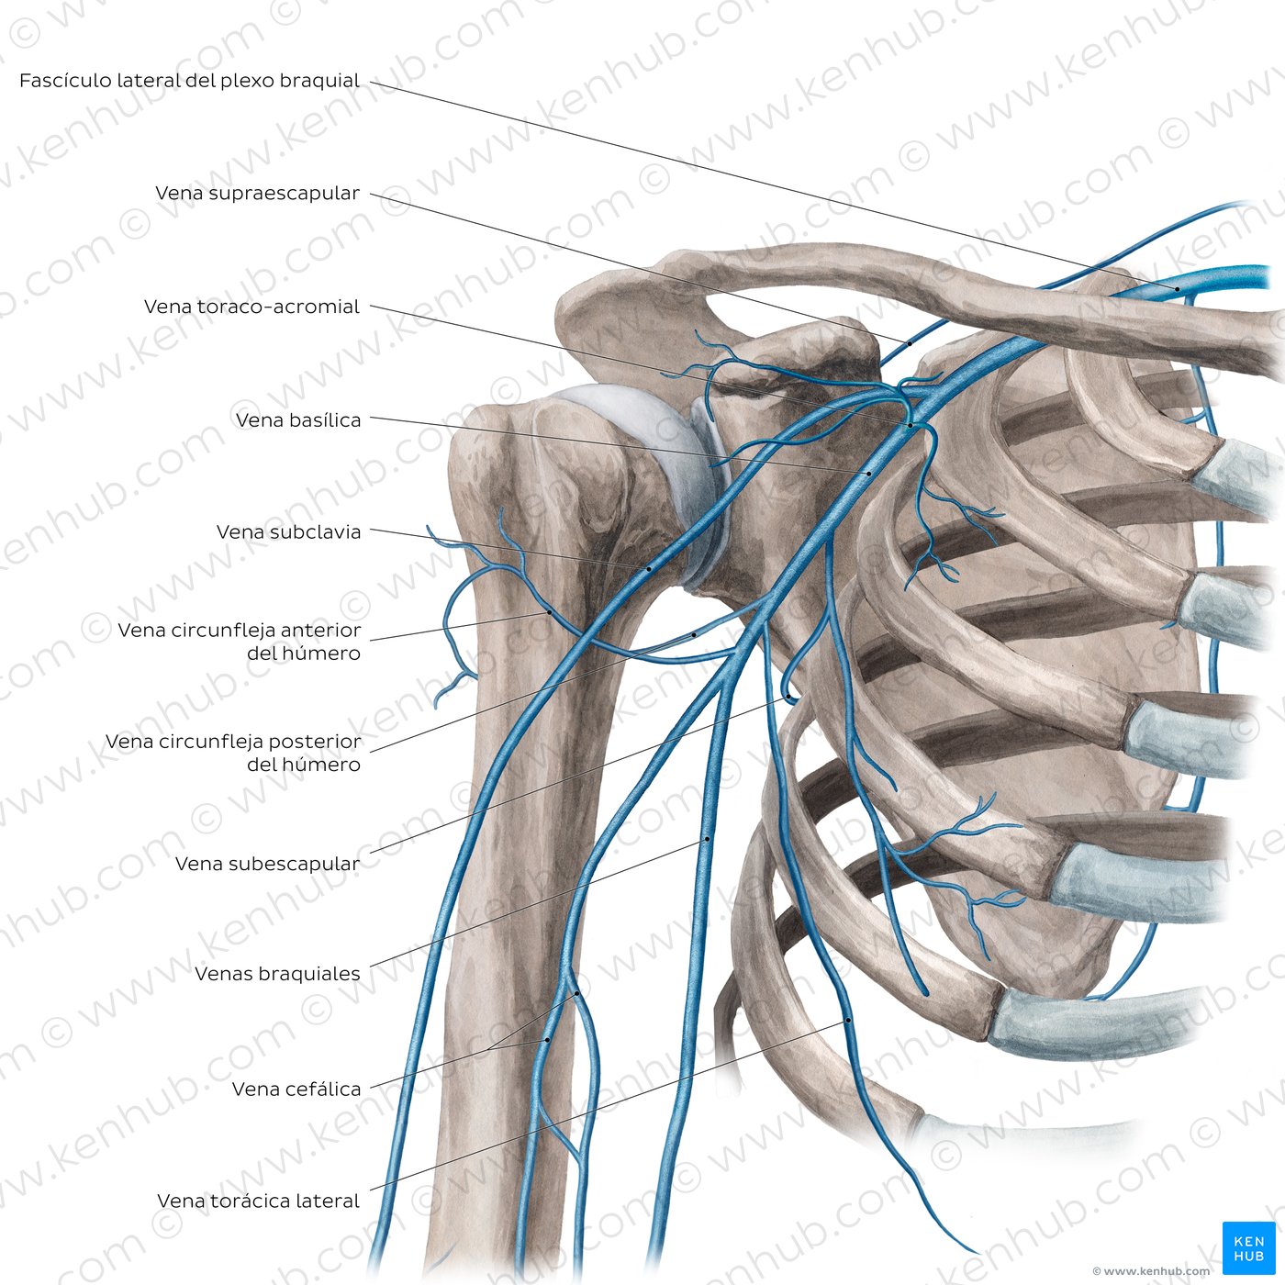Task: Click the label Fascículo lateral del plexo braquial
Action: coord(189,81)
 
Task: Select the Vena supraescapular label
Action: coord(257,194)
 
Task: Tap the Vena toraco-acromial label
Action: coord(251,307)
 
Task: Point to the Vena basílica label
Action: coord(298,420)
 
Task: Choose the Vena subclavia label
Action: coord(288,532)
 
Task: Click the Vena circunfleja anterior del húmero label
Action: coord(239,642)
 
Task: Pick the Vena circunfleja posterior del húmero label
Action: coord(233,753)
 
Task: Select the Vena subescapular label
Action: coord(267,864)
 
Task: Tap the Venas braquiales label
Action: coord(277,974)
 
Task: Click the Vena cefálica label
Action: coord(296,1089)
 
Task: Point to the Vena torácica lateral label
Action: coord(258,1201)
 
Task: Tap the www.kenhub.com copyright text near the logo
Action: coord(1151,1271)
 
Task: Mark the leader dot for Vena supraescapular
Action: coord(910,343)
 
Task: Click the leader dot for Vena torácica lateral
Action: coord(848,1021)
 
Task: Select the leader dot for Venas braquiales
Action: coord(707,839)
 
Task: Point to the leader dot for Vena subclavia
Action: coord(650,569)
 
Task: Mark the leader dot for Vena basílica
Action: coord(869,473)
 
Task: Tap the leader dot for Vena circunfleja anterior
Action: coord(550,611)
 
